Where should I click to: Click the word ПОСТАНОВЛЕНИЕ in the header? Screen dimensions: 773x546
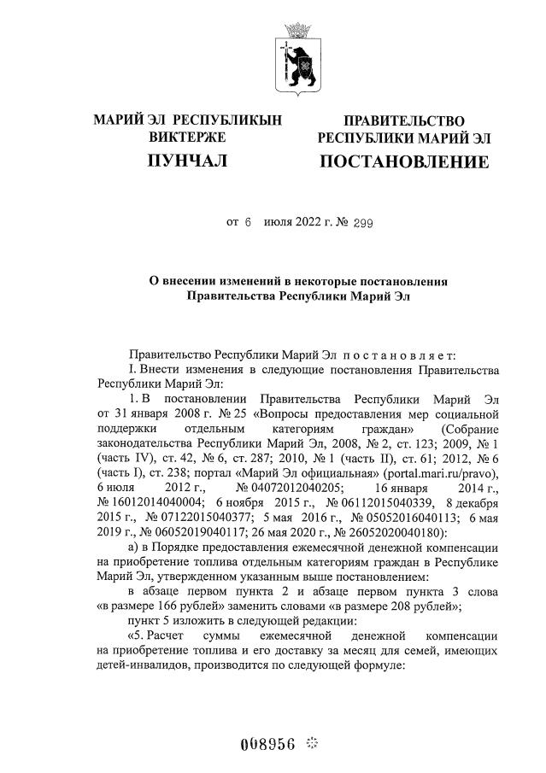pos(404,162)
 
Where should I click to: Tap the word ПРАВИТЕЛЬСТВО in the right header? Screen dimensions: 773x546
pos(404,121)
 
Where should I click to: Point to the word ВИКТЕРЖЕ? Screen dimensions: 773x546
pos(187,137)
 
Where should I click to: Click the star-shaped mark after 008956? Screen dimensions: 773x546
pos(311,742)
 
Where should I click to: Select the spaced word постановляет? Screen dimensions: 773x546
pos(398,354)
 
